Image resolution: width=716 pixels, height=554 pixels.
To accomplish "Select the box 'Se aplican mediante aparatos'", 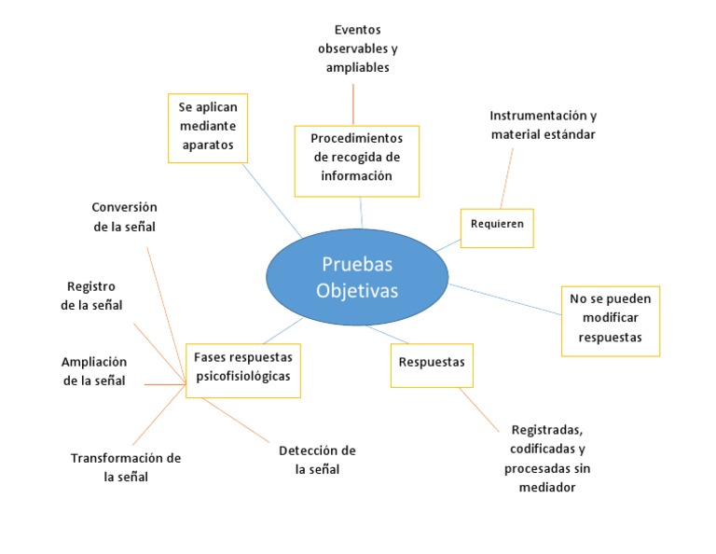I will [x=208, y=127].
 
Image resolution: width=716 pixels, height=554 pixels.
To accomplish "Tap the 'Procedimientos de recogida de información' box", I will [x=356, y=160].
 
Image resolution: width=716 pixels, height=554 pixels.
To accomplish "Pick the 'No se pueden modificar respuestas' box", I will [x=610, y=321].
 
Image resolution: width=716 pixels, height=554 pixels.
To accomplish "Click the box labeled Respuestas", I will [x=431, y=363].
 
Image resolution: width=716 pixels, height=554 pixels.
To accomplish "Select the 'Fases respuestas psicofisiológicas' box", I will [x=242, y=368].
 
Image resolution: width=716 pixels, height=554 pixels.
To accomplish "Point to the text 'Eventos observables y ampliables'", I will [x=357, y=49].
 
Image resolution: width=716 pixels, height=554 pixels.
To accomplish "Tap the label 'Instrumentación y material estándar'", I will [x=543, y=125].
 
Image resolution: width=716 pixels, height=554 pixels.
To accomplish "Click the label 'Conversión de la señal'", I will [x=124, y=216].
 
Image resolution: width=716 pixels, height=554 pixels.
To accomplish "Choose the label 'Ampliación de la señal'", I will [x=93, y=371].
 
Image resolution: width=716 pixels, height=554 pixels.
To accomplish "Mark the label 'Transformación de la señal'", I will [x=126, y=467].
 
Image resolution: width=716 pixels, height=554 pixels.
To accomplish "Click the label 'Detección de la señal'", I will [x=317, y=460].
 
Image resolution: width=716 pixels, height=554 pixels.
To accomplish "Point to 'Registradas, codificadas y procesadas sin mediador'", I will [x=547, y=458].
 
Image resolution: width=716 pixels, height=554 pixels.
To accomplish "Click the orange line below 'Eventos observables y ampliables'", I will [x=353, y=104].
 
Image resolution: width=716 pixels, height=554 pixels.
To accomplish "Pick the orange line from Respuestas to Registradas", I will [x=480, y=410].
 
